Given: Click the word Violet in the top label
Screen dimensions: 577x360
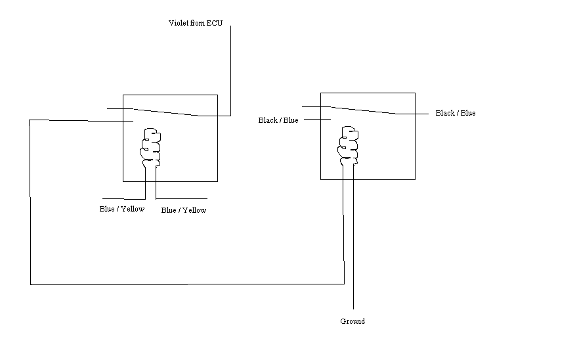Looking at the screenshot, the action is (x=179, y=23).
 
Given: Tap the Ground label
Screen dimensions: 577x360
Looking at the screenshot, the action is (x=353, y=321).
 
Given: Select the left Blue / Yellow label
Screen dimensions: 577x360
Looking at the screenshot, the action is (x=122, y=209).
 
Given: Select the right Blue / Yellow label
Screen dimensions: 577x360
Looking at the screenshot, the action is (x=184, y=210).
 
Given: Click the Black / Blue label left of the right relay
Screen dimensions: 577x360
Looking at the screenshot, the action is (x=278, y=120).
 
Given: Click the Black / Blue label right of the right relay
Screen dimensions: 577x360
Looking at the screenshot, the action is (x=456, y=113).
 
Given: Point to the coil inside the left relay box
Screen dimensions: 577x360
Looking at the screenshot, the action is (x=150, y=147).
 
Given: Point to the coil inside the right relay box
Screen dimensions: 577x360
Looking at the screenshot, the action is (x=348, y=146).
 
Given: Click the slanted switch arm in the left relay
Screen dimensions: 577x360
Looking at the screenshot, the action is (x=166, y=112).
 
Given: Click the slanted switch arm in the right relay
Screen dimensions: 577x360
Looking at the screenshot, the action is (x=364, y=110).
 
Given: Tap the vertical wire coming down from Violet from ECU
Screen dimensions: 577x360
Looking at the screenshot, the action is (x=230, y=71).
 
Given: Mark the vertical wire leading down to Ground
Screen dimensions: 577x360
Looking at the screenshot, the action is (x=353, y=237).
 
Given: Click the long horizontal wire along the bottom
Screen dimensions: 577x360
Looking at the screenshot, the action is (x=187, y=284).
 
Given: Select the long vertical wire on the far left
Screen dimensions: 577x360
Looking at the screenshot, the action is (x=30, y=202).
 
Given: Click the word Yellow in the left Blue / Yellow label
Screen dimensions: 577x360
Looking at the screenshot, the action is (x=133, y=209).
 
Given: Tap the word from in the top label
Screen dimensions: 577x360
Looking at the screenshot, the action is (x=198, y=23).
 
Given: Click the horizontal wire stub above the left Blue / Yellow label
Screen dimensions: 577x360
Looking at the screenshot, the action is (x=124, y=199).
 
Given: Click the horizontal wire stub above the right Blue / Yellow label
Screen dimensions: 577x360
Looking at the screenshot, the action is (x=181, y=199).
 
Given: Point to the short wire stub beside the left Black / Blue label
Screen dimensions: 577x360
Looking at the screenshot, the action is (x=317, y=119).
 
